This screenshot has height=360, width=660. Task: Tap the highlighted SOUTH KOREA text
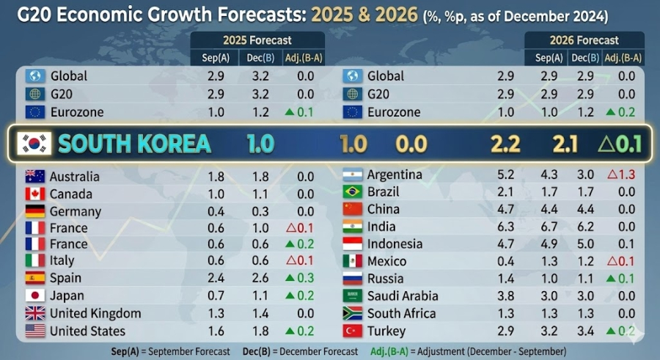pos(134,144)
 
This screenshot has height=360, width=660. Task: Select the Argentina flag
pos(353,175)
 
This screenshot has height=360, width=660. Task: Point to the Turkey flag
pos(353,331)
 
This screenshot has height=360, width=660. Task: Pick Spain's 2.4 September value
pos(216,278)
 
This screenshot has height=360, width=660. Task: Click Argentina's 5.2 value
pos(506,175)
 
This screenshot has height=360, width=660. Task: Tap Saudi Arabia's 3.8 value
pos(506,295)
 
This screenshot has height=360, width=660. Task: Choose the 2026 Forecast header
pos(584,40)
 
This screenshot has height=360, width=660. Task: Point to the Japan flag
pos(35,295)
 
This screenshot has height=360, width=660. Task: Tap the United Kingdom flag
pos(35,313)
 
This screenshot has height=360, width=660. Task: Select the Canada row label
pos(71,194)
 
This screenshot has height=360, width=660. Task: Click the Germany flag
pos(35,212)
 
